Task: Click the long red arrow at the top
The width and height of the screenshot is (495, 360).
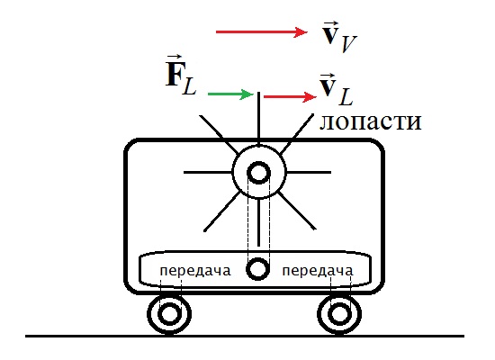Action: (262, 32)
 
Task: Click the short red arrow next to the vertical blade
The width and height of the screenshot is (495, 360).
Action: (285, 95)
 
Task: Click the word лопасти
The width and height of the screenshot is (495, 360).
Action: (371, 121)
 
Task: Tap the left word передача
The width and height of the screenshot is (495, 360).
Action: (194, 270)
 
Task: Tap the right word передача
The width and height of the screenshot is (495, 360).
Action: (317, 270)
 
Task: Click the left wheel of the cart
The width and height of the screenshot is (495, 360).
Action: (168, 314)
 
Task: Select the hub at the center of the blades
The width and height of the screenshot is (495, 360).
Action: (259, 172)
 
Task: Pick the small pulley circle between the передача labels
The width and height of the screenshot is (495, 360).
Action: (259, 269)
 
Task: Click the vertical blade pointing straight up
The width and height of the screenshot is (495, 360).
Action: (259, 117)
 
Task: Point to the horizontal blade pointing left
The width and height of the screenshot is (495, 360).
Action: (207, 172)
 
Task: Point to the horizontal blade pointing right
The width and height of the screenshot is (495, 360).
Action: (310, 172)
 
